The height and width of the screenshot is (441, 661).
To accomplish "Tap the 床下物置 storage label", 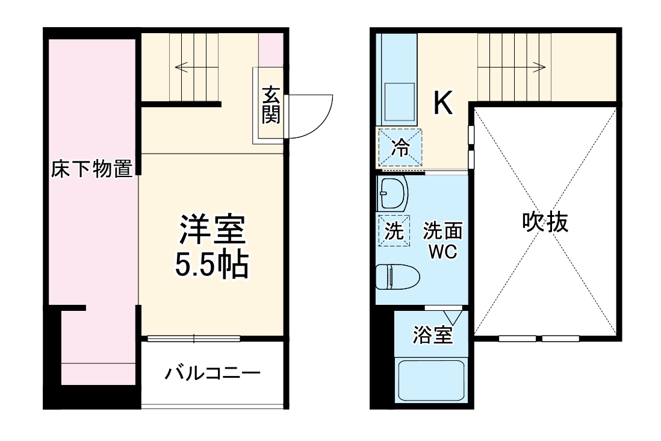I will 92,170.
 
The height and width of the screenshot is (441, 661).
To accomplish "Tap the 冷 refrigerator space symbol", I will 399,148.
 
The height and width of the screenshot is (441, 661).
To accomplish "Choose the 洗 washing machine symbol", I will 394,231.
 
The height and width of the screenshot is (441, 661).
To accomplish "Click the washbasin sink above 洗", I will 394,193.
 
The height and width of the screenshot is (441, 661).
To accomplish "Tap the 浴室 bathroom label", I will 432,336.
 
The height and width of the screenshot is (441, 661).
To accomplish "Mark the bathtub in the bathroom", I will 432,380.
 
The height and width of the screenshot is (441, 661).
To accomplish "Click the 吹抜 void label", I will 545,223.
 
